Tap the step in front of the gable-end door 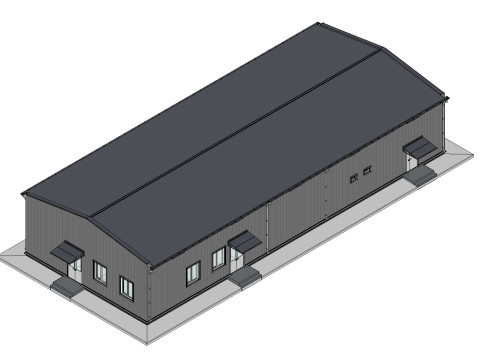tap(65, 286)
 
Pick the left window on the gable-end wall tap(100, 271)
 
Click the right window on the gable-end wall tap(126, 286)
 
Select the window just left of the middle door tap(218, 259)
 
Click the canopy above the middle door tap(244, 240)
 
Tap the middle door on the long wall tap(237, 259)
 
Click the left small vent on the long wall tap(353, 178)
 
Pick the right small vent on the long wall tap(366, 171)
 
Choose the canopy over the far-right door tap(421, 148)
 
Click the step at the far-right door tap(422, 174)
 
